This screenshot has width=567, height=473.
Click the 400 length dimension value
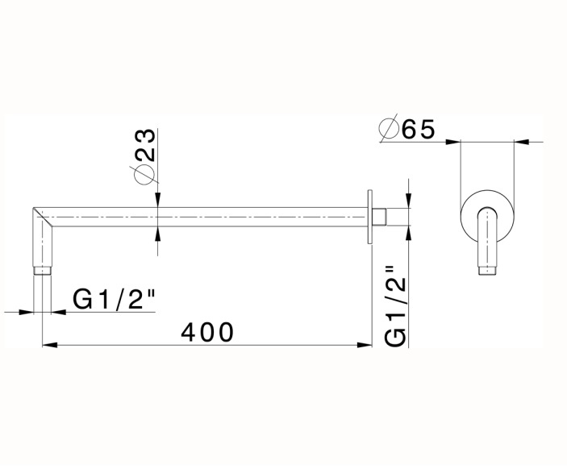(207, 331)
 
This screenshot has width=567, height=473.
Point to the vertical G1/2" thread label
(394, 307)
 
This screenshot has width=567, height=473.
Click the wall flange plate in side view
(370, 217)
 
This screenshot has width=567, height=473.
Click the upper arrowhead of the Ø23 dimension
(158, 201)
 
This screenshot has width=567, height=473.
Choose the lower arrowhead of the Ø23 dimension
(158, 231)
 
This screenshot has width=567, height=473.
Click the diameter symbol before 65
(388, 129)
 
